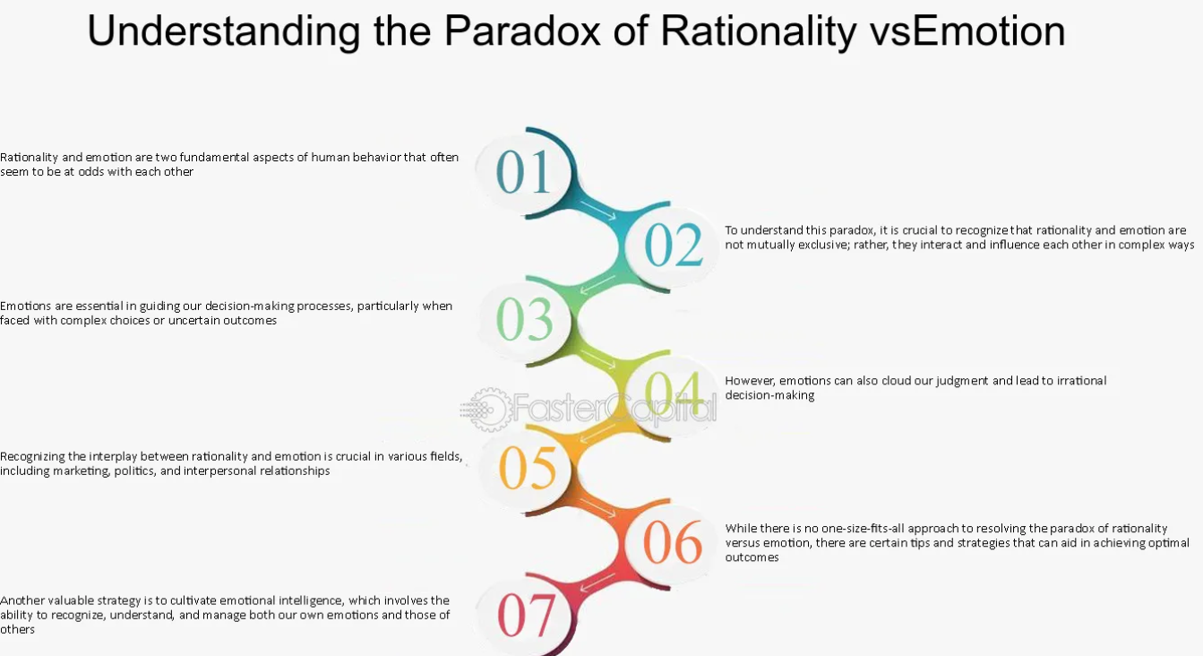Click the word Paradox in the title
(x=522, y=30)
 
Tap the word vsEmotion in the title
(x=967, y=30)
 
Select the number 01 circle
(x=523, y=172)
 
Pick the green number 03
(x=524, y=319)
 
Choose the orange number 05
(x=527, y=468)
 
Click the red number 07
(x=526, y=616)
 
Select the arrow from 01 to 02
(x=597, y=210)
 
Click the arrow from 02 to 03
(x=597, y=285)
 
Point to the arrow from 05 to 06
(x=597, y=508)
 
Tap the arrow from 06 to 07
(x=597, y=583)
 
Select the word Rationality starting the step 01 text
(x=29, y=158)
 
